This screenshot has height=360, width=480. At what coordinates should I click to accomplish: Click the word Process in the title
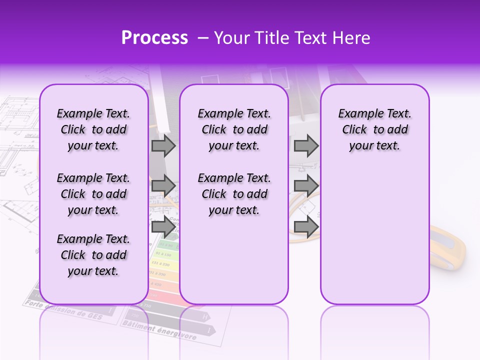[x=154, y=38]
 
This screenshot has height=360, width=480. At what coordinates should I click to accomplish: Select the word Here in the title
[x=352, y=38]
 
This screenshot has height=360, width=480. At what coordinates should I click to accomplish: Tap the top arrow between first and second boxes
[x=163, y=145]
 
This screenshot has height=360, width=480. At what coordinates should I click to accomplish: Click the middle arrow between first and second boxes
[x=163, y=186]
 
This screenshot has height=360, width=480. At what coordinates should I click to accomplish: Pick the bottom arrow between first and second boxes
[x=163, y=227]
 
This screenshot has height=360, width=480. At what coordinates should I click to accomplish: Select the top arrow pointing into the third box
[x=306, y=145]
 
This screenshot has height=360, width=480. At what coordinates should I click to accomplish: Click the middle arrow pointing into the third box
[x=306, y=186]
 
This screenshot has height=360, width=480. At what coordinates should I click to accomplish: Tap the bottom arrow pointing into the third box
[x=306, y=227]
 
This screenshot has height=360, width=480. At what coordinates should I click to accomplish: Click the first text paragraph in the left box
[x=93, y=129]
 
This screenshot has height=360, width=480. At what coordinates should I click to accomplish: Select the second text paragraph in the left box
[x=93, y=194]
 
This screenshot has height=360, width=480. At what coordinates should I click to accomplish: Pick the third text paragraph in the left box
[x=93, y=255]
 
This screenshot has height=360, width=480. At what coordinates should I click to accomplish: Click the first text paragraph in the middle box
[x=234, y=129]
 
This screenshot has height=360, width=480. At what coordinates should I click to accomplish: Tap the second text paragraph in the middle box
[x=234, y=194]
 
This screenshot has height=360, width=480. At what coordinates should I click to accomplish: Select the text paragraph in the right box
[x=375, y=129]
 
